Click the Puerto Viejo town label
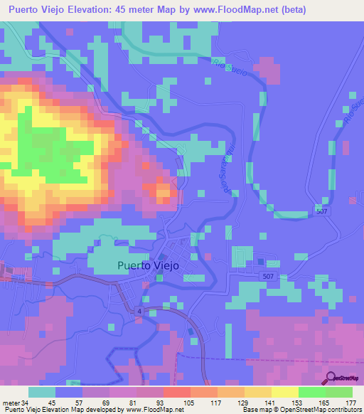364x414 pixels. point(148,265)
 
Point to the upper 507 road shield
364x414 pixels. point(321,211)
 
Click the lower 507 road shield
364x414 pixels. point(267,275)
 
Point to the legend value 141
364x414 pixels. point(250,403)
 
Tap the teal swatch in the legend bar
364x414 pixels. point(43,392)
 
